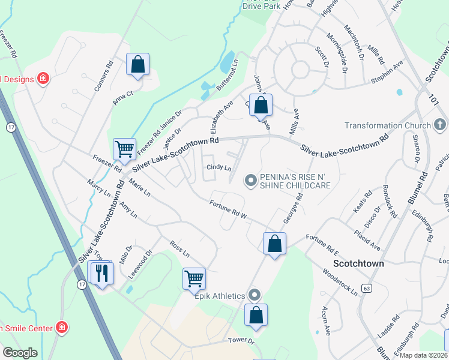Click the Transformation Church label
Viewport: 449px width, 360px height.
(x=388, y=125)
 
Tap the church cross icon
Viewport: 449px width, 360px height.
(x=440, y=125)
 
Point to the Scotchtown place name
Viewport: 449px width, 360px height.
(x=358, y=263)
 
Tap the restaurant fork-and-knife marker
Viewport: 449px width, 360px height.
(x=101, y=273)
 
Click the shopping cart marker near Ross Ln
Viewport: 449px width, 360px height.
(x=194, y=278)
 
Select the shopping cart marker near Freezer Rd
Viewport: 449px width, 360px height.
(x=124, y=148)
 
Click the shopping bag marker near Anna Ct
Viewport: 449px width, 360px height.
(x=137, y=64)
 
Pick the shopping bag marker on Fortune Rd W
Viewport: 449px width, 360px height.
(x=274, y=243)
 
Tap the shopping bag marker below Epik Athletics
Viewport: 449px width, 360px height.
(x=256, y=314)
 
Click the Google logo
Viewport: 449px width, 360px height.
(x=20, y=352)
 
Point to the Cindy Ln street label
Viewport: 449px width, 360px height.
(x=219, y=168)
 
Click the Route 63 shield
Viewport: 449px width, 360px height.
(x=367, y=288)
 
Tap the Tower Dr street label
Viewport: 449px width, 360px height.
(x=242, y=340)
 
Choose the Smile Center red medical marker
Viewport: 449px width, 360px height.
(x=61, y=327)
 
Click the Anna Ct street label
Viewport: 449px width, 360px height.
(x=124, y=97)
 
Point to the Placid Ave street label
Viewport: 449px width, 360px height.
(x=367, y=240)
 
